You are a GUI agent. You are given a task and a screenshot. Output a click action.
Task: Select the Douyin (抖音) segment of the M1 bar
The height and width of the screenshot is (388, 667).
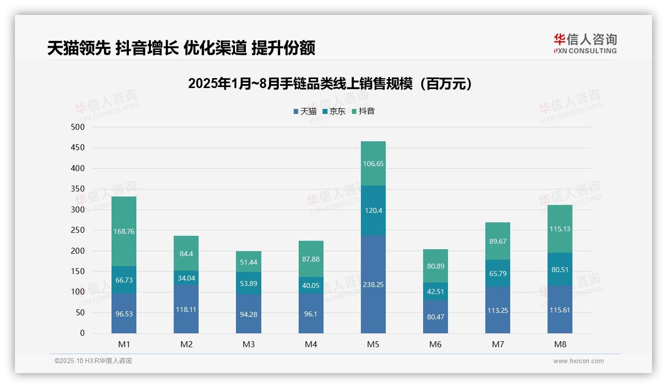(124, 231)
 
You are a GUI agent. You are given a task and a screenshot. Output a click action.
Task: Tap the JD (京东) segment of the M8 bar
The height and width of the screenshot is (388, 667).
(560, 269)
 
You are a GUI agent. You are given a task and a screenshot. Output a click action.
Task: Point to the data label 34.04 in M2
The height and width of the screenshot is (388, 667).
(186, 278)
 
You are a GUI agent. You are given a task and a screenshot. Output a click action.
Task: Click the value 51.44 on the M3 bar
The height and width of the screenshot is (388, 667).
(248, 262)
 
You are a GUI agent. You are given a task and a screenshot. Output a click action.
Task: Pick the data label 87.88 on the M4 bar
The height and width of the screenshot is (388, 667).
(311, 259)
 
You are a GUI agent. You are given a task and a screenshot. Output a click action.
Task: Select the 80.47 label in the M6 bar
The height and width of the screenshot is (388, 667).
(435, 317)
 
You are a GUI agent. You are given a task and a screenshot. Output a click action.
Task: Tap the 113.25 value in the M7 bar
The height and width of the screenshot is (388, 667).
(497, 310)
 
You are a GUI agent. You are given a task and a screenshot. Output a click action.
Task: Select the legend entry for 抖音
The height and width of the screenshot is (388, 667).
(363, 111)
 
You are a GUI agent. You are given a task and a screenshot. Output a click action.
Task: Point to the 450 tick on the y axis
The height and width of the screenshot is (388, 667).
(78, 148)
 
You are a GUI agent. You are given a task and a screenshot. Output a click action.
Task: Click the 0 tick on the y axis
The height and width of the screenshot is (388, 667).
(82, 333)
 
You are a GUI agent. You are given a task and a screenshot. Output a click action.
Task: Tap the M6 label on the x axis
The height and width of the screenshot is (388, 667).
(435, 344)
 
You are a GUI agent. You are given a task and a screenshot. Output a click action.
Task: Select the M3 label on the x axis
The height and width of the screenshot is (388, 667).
(248, 344)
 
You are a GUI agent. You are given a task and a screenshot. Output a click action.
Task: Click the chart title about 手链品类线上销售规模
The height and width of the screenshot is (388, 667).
(330, 84)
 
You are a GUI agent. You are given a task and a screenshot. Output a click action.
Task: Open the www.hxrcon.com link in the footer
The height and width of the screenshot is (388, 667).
(578, 361)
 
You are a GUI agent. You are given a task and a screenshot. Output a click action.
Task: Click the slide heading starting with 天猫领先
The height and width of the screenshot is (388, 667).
(181, 48)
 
